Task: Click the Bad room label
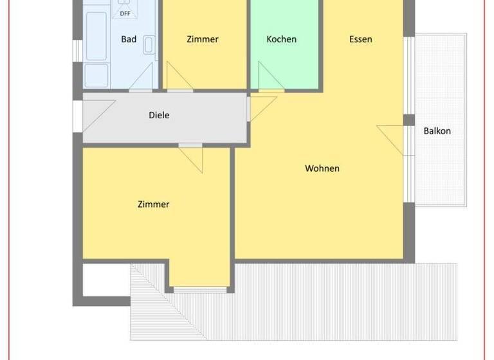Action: point(129,39)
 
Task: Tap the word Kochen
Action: point(282,39)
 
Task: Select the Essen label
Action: point(361,39)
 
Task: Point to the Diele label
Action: point(159,115)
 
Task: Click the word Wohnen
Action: point(322,168)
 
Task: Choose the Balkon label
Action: point(437,130)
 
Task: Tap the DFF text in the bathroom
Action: point(124,14)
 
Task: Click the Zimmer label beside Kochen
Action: point(203,39)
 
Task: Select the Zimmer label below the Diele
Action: point(153,204)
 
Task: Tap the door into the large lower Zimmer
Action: point(192,158)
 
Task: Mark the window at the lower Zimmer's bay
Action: point(200,289)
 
